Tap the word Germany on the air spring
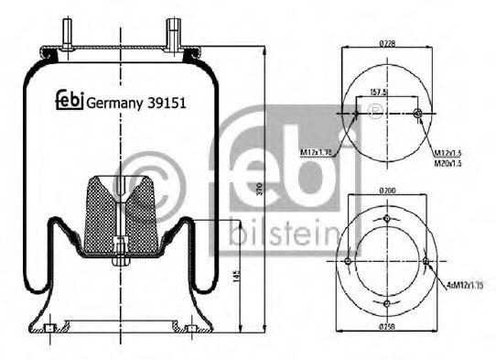pyautogui.click(x=115, y=103)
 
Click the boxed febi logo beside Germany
pyautogui.click(x=70, y=102)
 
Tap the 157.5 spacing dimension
pyautogui.click(x=378, y=92)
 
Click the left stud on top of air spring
pyautogui.click(x=67, y=38)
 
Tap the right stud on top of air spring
pyautogui.click(x=171, y=38)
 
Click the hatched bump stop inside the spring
pyautogui.click(x=120, y=213)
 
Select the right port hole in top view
pyautogui.click(x=417, y=114)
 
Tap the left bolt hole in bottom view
pyautogui.click(x=347, y=264)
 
